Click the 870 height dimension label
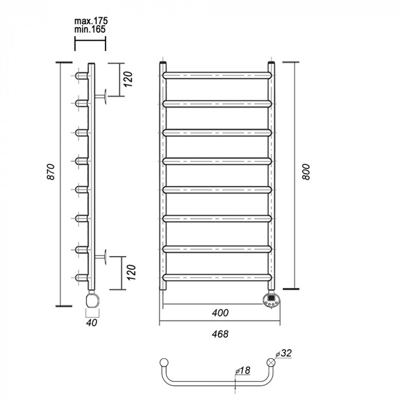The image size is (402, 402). point(51,172)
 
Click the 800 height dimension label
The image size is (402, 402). point(306,172)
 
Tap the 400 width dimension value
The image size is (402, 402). point(220,313)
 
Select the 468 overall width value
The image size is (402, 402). point(220,334)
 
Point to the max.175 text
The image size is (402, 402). point(91,21)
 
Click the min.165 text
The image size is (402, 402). point(90,29)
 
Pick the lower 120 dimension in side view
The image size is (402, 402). point(131,272)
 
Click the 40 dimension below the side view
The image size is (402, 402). point(92,323)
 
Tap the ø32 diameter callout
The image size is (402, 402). point(284,353)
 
